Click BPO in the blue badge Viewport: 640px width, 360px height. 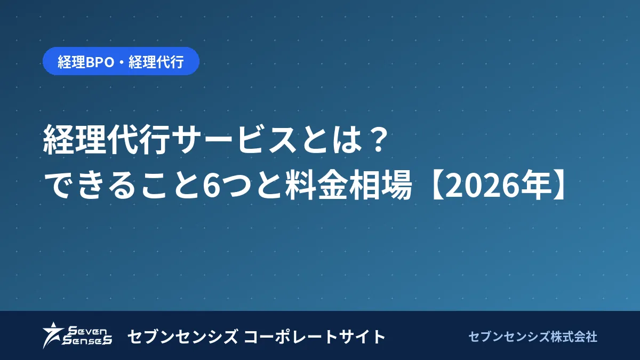click(x=100, y=62)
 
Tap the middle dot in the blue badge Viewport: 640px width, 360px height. click(x=121, y=62)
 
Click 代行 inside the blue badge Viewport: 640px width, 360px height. click(x=170, y=62)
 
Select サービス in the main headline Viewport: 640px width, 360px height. click(x=234, y=140)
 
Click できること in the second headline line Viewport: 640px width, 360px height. click(x=122, y=185)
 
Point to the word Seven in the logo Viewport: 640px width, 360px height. click(x=87, y=331)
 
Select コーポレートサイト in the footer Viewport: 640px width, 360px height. click(x=314, y=337)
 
